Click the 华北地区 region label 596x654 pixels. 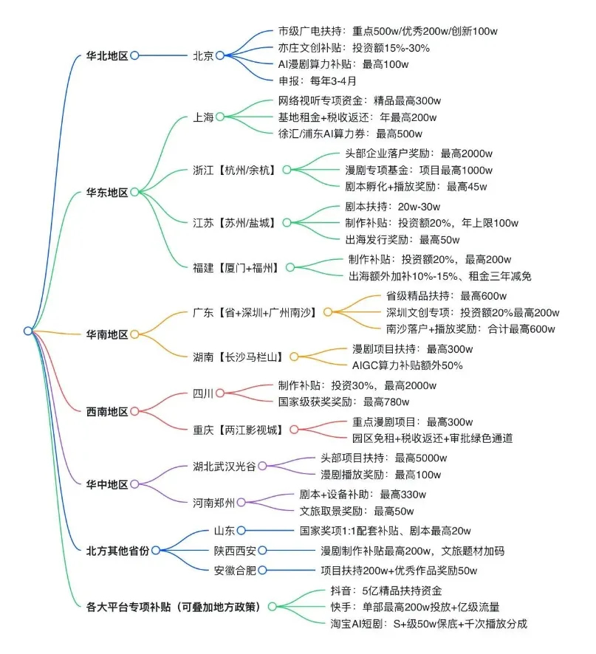pyautogui.click(x=107, y=55)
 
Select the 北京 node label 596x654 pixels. pyautogui.click(x=203, y=55)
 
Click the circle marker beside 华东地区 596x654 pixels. pyautogui.click(x=134, y=192)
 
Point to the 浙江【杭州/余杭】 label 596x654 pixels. pyautogui.click(x=233, y=171)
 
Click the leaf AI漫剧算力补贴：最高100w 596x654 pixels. pyautogui.click(x=343, y=64)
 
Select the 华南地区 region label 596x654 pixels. pyautogui.click(x=107, y=334)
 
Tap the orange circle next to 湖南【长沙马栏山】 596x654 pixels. pyautogui.click(x=293, y=357)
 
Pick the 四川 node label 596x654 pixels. pyautogui.click(x=203, y=393)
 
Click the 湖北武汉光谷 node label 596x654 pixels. pyautogui.click(x=224, y=466)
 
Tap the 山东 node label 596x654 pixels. pyautogui.click(x=223, y=530)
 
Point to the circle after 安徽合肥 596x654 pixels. pyautogui.click(x=261, y=570)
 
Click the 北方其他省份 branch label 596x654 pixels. pyautogui.click(x=117, y=550)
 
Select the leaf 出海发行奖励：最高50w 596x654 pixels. pyautogui.click(x=402, y=239)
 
